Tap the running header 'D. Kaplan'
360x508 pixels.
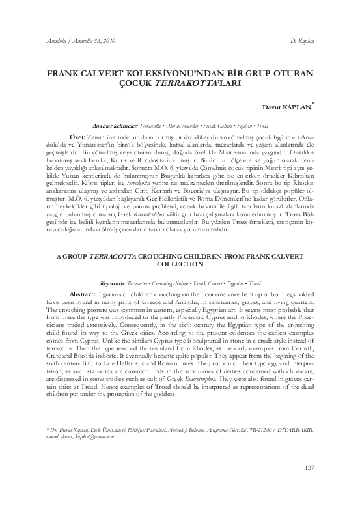coord(302,42)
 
